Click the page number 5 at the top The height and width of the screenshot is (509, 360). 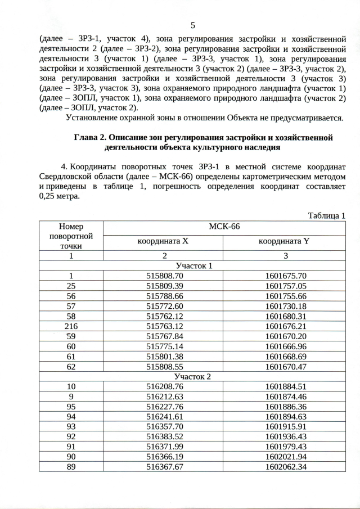(193, 25)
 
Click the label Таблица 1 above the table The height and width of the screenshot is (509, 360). (326, 215)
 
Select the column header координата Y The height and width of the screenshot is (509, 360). (285, 241)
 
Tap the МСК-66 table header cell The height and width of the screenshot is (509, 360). (224, 227)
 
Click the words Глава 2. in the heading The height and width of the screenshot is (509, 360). (91, 137)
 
